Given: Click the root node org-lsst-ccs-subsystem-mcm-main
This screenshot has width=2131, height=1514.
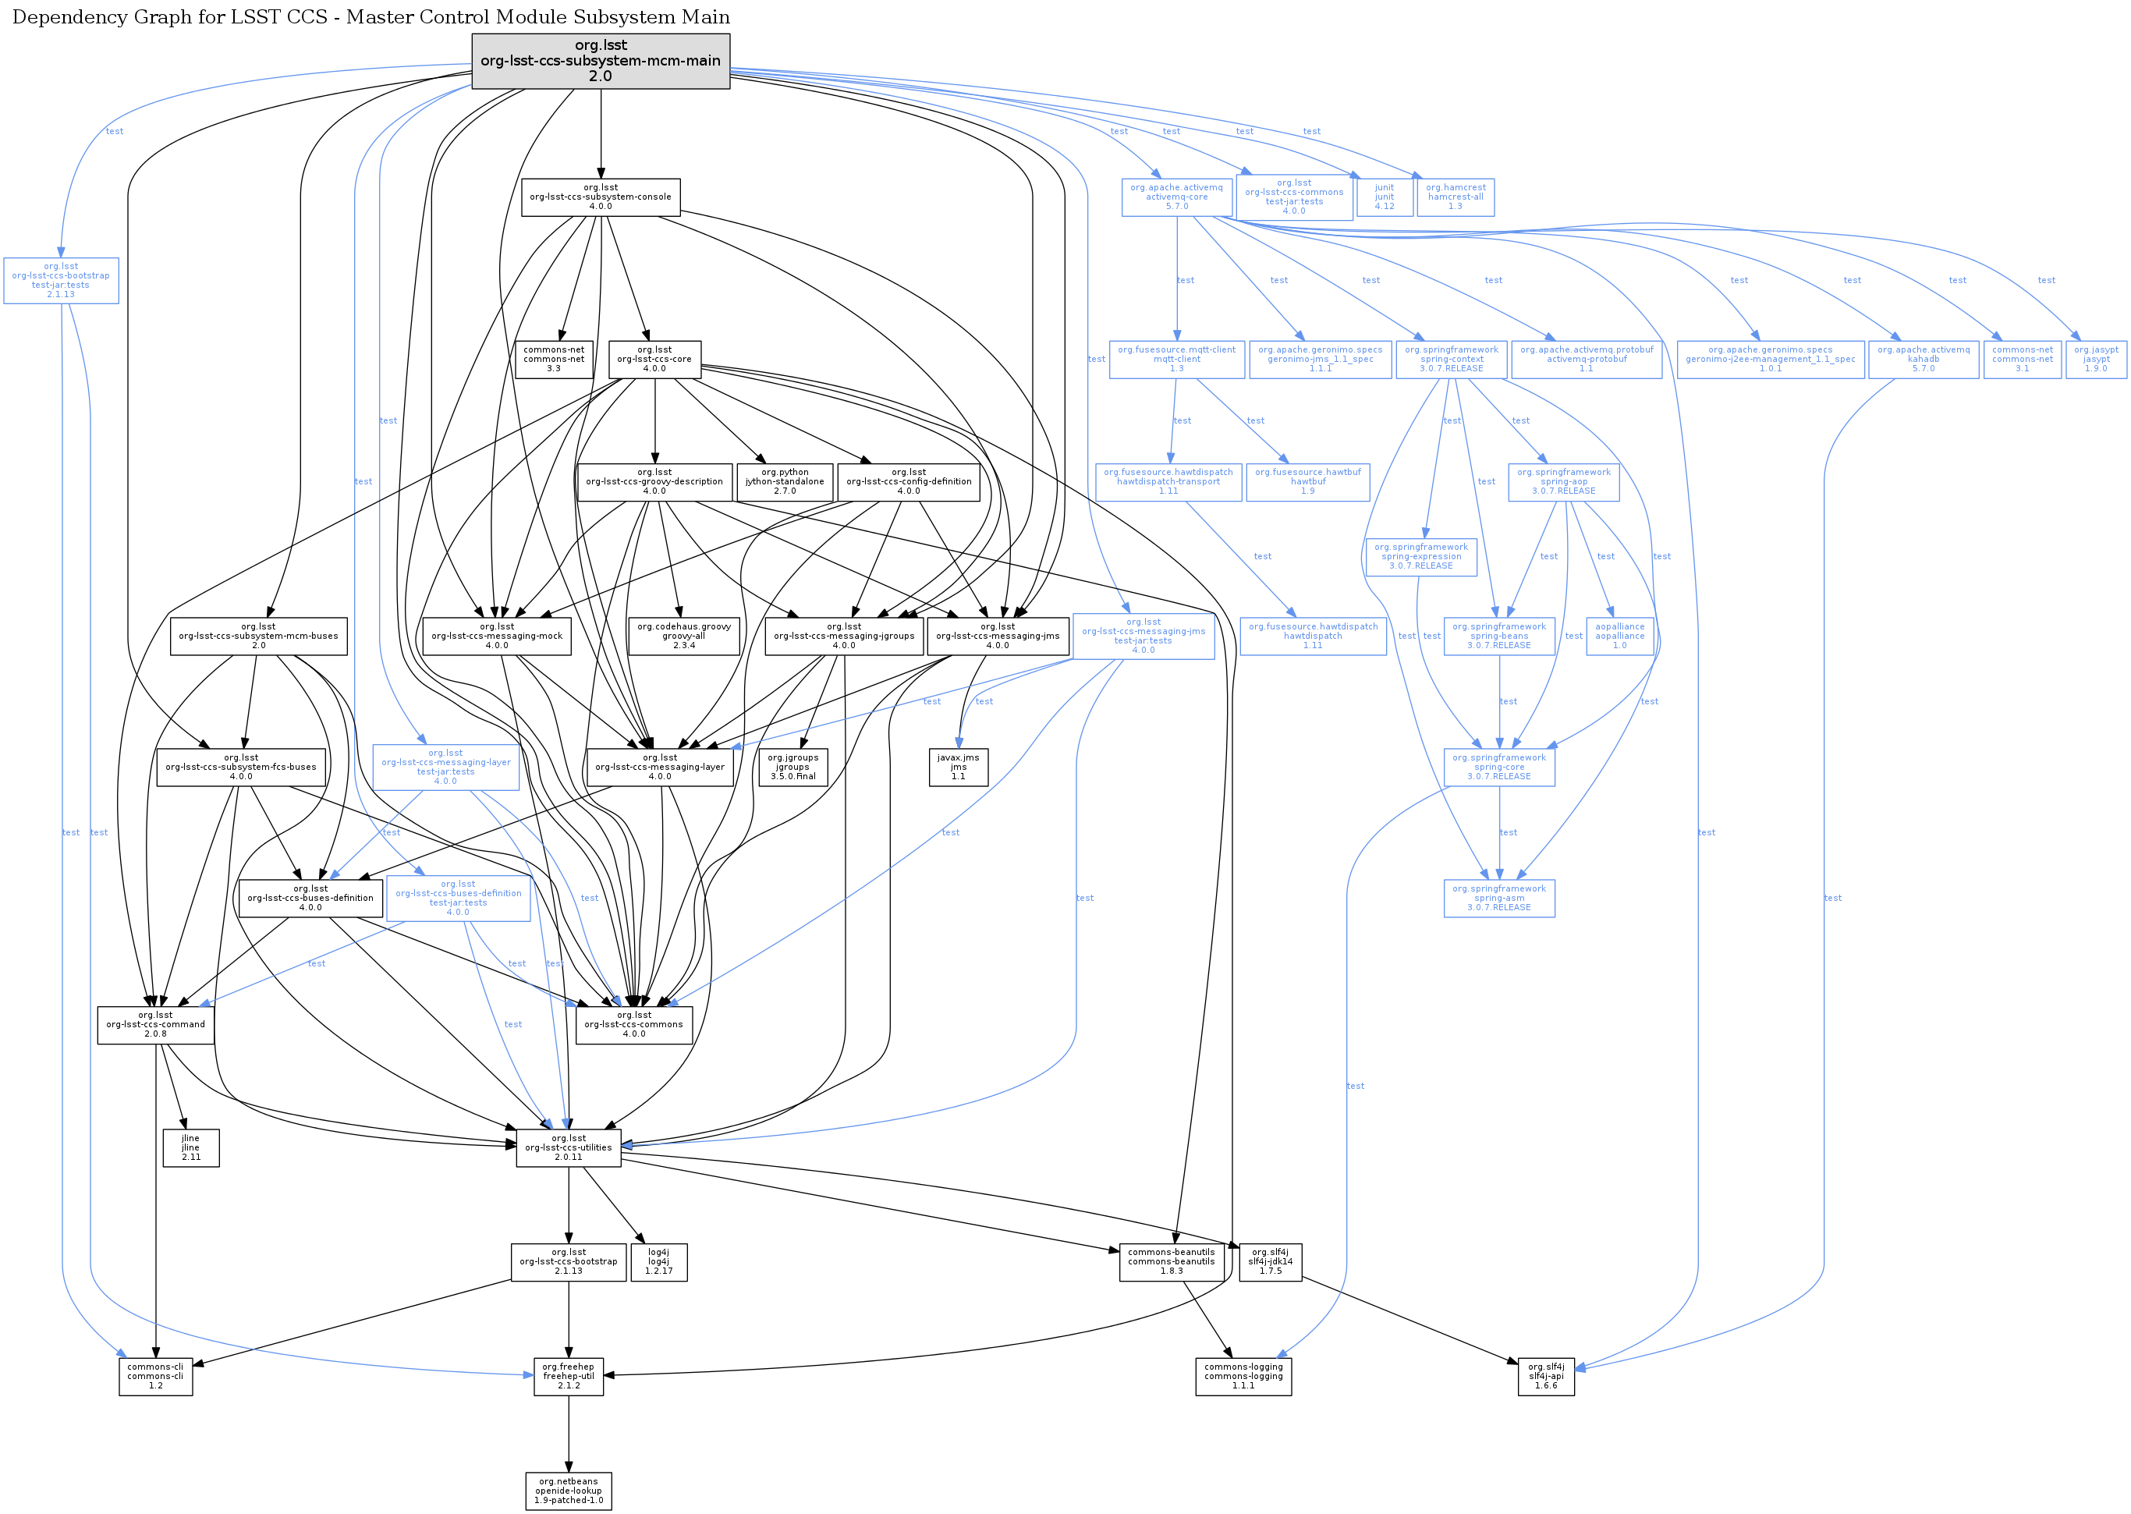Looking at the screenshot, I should pos(601,62).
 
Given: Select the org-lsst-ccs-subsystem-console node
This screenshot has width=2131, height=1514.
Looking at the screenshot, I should pos(601,197).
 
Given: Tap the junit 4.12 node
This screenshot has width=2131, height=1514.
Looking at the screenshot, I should pos(1385,197).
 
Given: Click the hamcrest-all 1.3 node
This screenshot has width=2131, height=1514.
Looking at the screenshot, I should pos(1456,197).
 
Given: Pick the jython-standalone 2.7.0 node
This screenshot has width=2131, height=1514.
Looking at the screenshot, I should pos(785,482).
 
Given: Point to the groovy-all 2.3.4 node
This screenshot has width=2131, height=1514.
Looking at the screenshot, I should pos(683,636).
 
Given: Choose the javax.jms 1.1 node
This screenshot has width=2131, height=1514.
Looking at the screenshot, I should pos(959,768).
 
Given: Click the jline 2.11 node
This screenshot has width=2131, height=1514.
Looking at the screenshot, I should pos(191,1147).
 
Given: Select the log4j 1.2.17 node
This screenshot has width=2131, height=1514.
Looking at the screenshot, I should pos(658,1262).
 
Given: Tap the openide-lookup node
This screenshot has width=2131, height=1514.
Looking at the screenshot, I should pos(569,1491).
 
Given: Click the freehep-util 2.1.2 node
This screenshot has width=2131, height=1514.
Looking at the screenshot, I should pos(569,1376).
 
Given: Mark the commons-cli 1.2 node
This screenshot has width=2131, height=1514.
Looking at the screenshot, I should pos(156,1376).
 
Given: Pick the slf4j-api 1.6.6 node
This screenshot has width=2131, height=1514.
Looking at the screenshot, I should pos(1545,1376).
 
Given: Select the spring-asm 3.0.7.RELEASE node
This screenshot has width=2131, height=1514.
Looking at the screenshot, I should pos(1499,898).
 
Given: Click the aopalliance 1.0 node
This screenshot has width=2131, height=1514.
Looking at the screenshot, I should pos(1620,636).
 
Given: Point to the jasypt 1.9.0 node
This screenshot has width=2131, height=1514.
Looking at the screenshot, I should pos(2096,359).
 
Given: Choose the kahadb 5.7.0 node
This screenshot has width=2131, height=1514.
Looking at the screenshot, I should pos(1923,359).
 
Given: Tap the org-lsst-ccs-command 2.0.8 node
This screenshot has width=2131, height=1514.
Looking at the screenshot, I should pos(156,1025).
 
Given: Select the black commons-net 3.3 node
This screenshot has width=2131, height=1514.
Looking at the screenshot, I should pos(554,359).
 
